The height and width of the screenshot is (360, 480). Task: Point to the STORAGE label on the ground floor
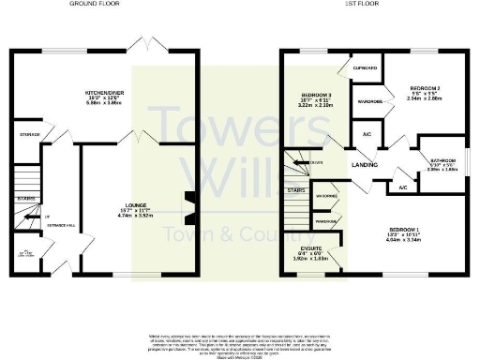(30, 135)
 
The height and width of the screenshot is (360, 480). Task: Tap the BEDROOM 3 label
(317, 97)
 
